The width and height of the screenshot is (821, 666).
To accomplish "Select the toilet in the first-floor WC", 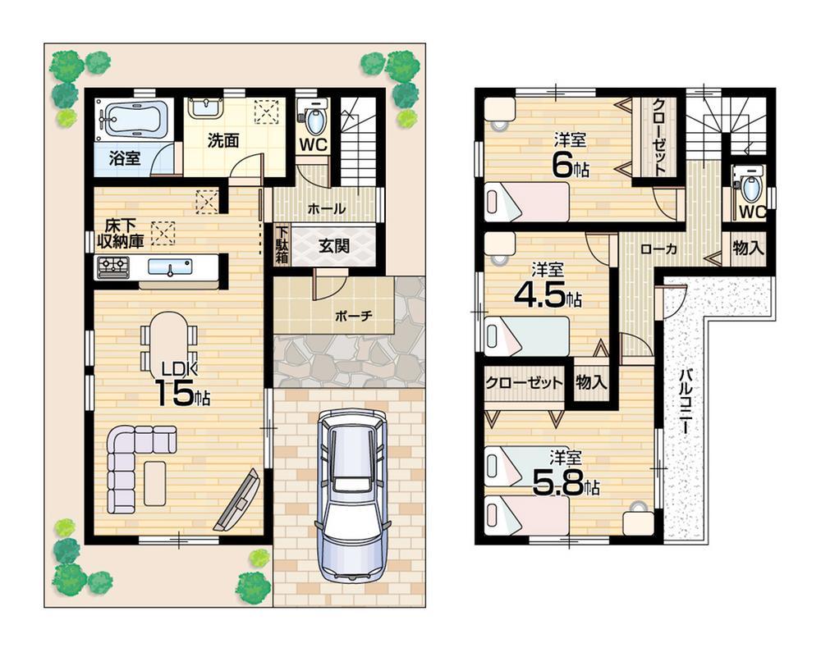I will click(x=314, y=120).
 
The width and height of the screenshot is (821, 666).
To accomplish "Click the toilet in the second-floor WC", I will click(x=750, y=184).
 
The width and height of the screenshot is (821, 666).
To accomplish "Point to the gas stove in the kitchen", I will click(x=112, y=267).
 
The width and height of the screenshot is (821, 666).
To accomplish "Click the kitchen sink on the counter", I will click(x=171, y=267).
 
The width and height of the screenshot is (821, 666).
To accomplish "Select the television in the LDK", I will click(x=238, y=500).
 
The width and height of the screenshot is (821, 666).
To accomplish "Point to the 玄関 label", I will click(x=334, y=244).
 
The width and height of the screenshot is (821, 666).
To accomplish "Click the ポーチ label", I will click(x=354, y=316).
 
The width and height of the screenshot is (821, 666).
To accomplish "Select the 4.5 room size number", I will click(x=542, y=294).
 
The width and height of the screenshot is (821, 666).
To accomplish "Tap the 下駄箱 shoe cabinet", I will click(x=282, y=244).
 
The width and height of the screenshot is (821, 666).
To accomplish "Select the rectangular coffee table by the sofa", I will click(x=155, y=483).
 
